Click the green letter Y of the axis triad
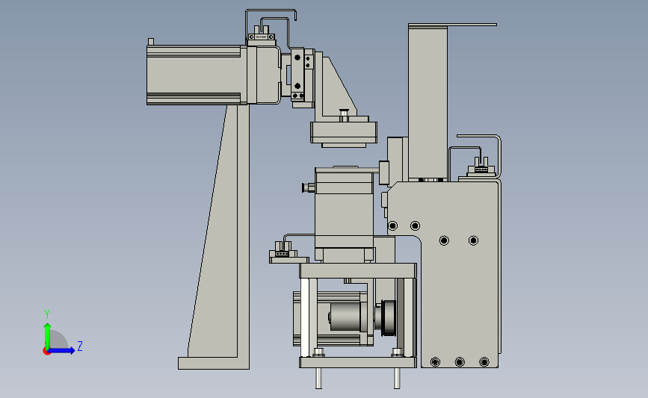point(46,314)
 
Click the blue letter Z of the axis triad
point(80,346)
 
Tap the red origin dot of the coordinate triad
point(46,351)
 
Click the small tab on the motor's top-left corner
point(151,42)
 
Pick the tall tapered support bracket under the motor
point(218,231)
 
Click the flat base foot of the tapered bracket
point(214,364)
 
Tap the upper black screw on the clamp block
point(297,57)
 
